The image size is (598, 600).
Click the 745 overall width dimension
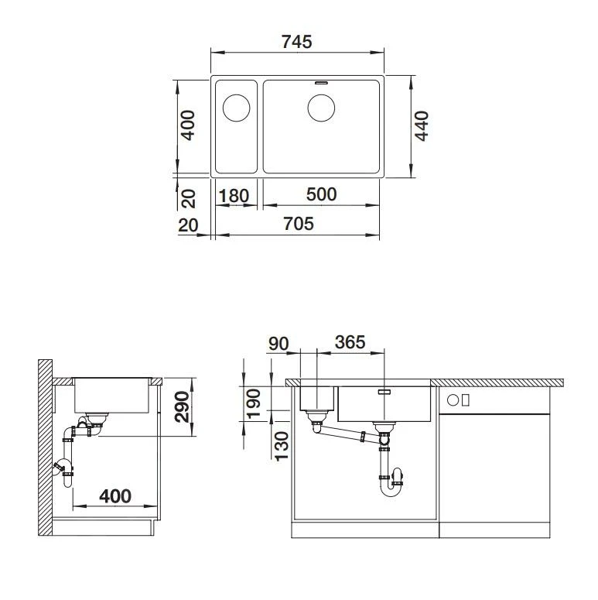point(297,42)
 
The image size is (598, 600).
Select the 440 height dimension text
point(422,126)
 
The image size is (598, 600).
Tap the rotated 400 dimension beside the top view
point(187,125)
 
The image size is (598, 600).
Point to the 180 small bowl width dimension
point(234,196)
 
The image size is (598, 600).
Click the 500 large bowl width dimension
point(321,194)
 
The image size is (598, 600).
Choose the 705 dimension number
point(299,224)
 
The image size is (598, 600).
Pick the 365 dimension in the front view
point(350,341)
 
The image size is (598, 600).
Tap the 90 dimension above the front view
point(279,341)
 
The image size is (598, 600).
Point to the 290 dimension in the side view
point(182,406)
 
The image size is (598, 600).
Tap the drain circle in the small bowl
point(237,107)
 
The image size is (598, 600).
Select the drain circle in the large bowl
point(321,107)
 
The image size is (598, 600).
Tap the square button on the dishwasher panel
point(453,400)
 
